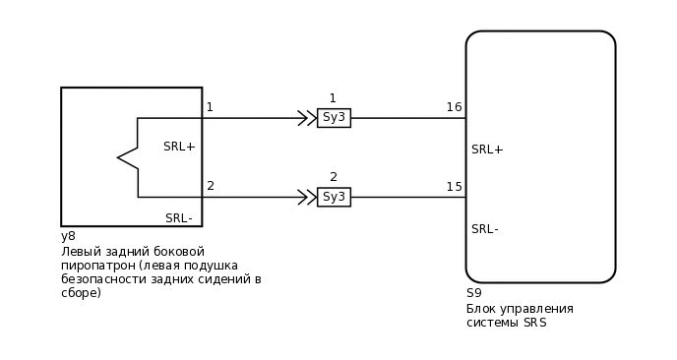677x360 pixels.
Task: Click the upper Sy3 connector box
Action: click(334, 118)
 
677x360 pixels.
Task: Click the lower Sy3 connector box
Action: click(334, 197)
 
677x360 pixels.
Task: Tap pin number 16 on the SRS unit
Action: click(454, 107)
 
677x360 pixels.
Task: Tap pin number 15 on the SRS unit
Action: click(454, 187)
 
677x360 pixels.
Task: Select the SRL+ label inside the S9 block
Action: click(487, 150)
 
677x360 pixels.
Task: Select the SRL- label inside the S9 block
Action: click(485, 229)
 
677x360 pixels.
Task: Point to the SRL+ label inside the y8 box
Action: click(179, 147)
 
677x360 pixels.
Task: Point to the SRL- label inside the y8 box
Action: click(178, 218)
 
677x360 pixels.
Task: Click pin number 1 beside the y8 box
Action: click(210, 107)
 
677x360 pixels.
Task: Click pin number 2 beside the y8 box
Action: click(211, 186)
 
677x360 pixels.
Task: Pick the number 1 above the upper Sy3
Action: click(333, 98)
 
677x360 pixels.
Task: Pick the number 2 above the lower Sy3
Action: click(334, 177)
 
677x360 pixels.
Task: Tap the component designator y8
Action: click(68, 237)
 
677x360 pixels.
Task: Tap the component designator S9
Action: click(474, 293)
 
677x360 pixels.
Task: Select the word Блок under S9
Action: click(481, 309)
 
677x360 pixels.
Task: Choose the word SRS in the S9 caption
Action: click(534, 323)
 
